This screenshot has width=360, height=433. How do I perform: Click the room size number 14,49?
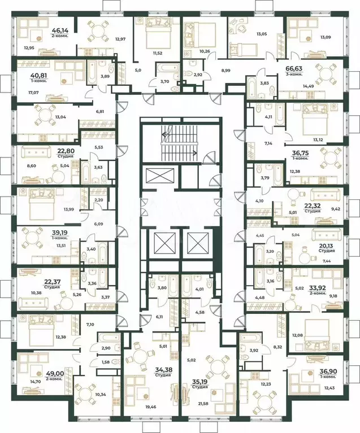(x=308, y=86)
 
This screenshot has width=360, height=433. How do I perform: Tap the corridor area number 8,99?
(x=225, y=71)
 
